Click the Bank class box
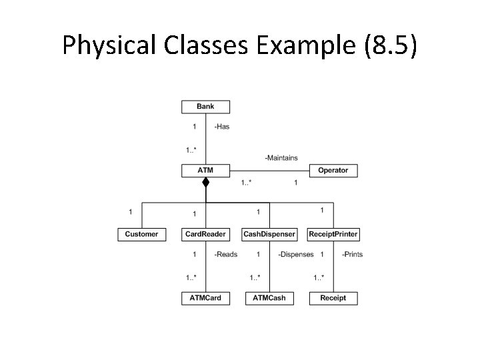205,106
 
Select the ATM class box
205,170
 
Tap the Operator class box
333,170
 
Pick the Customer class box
141,234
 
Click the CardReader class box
205,234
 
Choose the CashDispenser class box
269,234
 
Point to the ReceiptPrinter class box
333,234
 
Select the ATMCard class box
205,298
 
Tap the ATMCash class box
269,298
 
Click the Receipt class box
333,298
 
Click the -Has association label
221,127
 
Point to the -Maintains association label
281,158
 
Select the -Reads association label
225,254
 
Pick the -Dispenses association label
295,254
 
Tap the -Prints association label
352,254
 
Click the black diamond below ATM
206,182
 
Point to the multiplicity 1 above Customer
130,212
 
